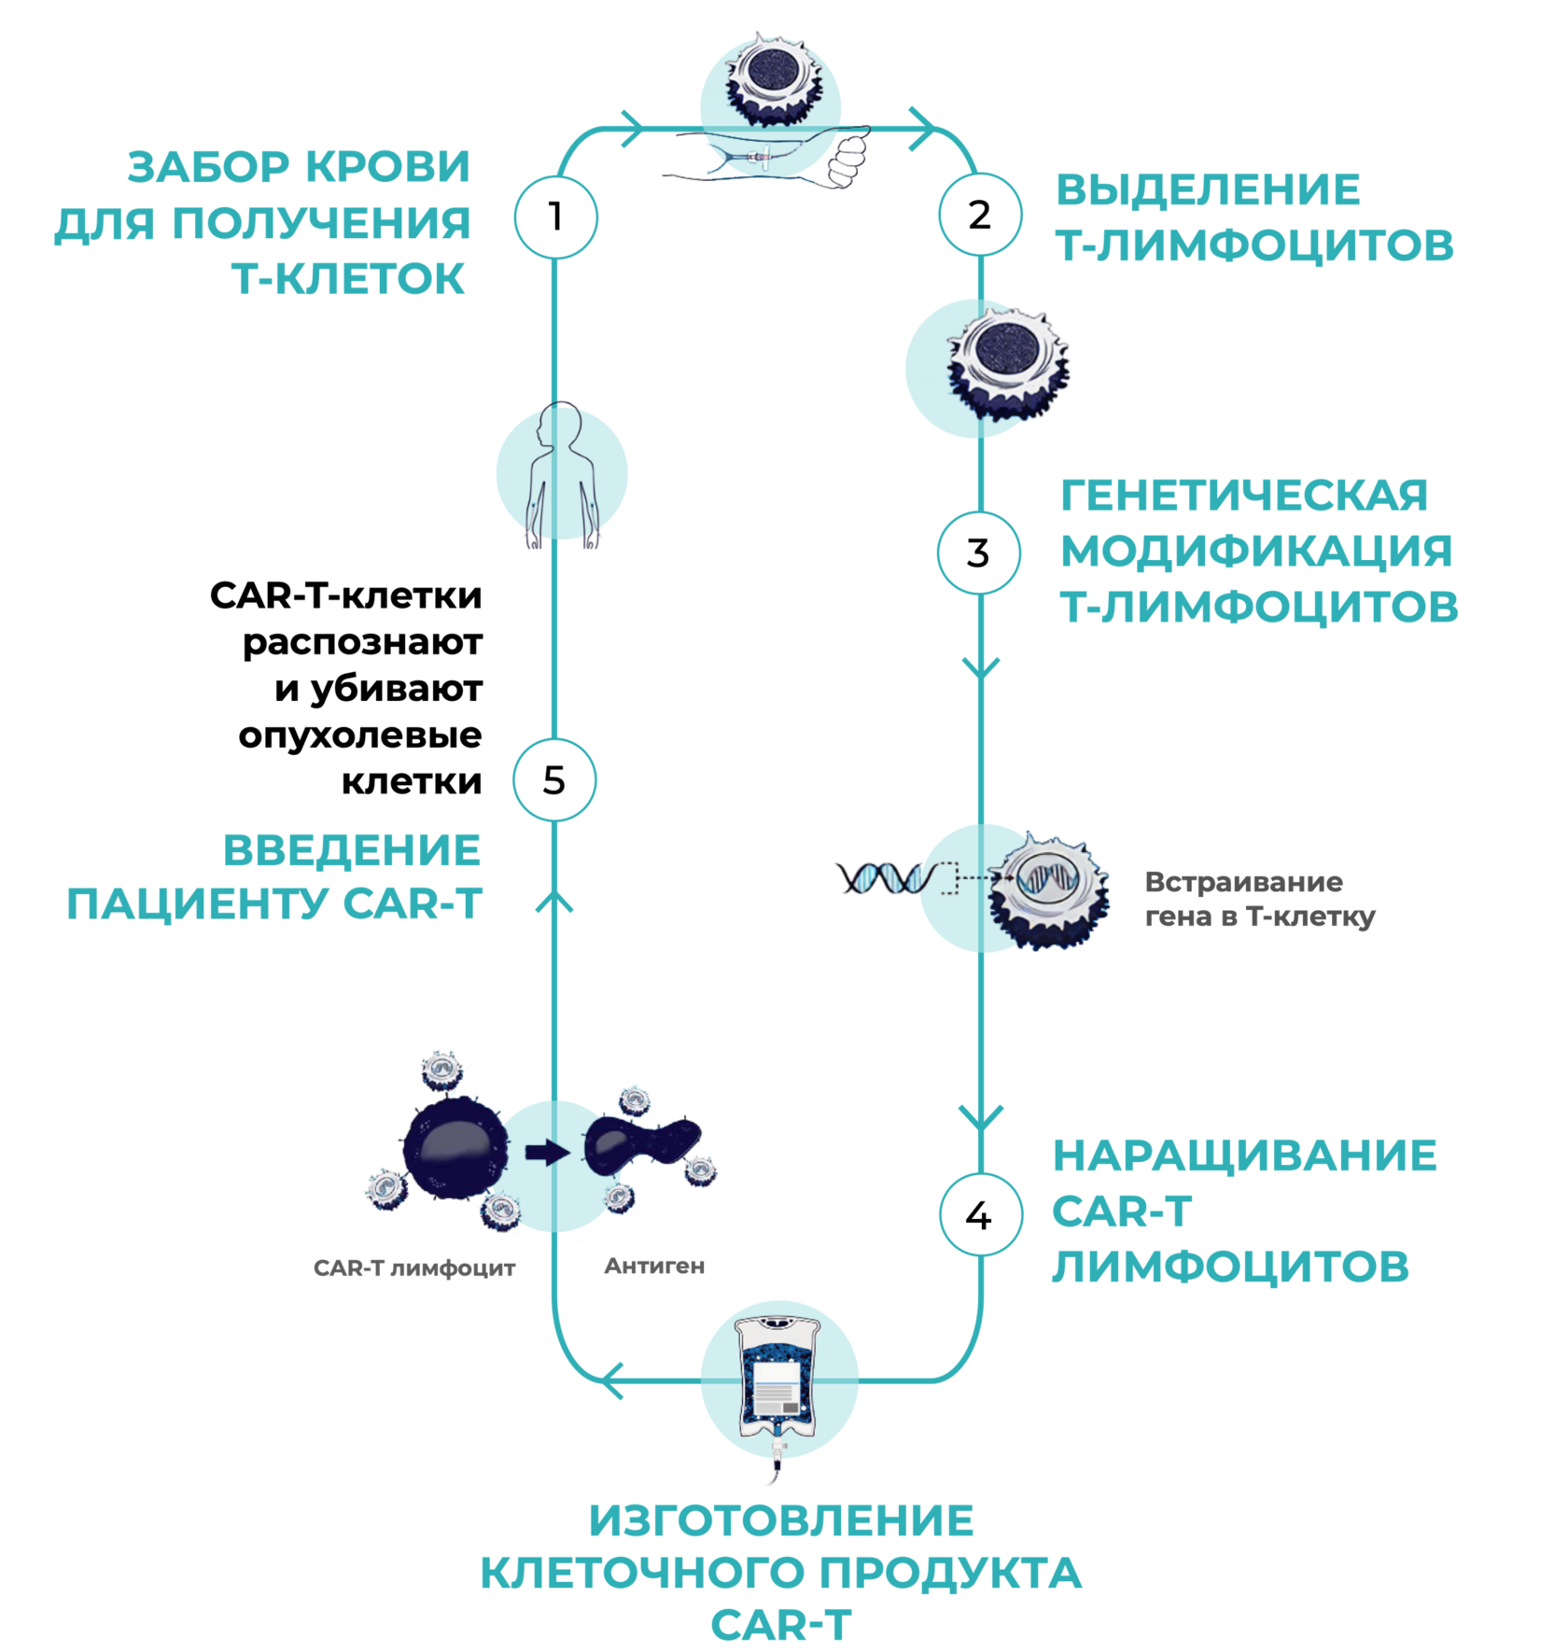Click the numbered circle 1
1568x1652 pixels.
[555, 217]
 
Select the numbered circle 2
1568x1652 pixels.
[979, 216]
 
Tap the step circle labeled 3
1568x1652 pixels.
[978, 553]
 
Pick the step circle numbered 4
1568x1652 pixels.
[979, 1215]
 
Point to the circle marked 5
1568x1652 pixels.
[554, 780]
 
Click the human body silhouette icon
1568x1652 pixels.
[561, 474]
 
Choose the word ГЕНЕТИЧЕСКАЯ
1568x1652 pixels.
[1244, 496]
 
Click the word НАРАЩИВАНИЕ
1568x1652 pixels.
[1244, 1155]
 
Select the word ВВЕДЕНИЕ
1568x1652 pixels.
[352, 850]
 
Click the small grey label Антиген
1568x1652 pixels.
[653, 1266]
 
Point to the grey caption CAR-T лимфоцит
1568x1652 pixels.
[414, 1268]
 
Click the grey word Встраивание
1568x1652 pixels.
[1243, 882]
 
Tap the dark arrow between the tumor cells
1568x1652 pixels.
[547, 1152]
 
